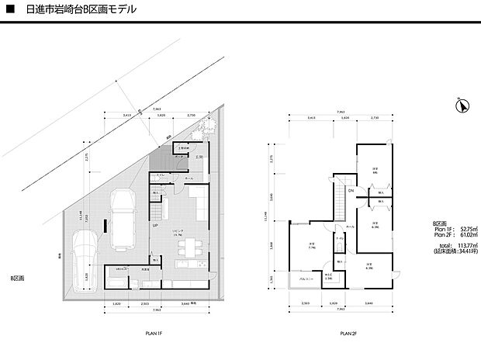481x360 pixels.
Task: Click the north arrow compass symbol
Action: coord(462,106)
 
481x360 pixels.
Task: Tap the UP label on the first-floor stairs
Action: coord(155,226)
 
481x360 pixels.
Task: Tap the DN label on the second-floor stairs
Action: coord(351,191)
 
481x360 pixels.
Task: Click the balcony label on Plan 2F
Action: coord(297,278)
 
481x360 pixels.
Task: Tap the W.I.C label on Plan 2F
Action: coord(327,275)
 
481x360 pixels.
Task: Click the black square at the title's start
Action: coord(10,10)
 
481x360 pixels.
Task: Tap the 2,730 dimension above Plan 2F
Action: coord(374,118)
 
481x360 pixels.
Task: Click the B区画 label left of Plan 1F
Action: coord(17,277)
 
